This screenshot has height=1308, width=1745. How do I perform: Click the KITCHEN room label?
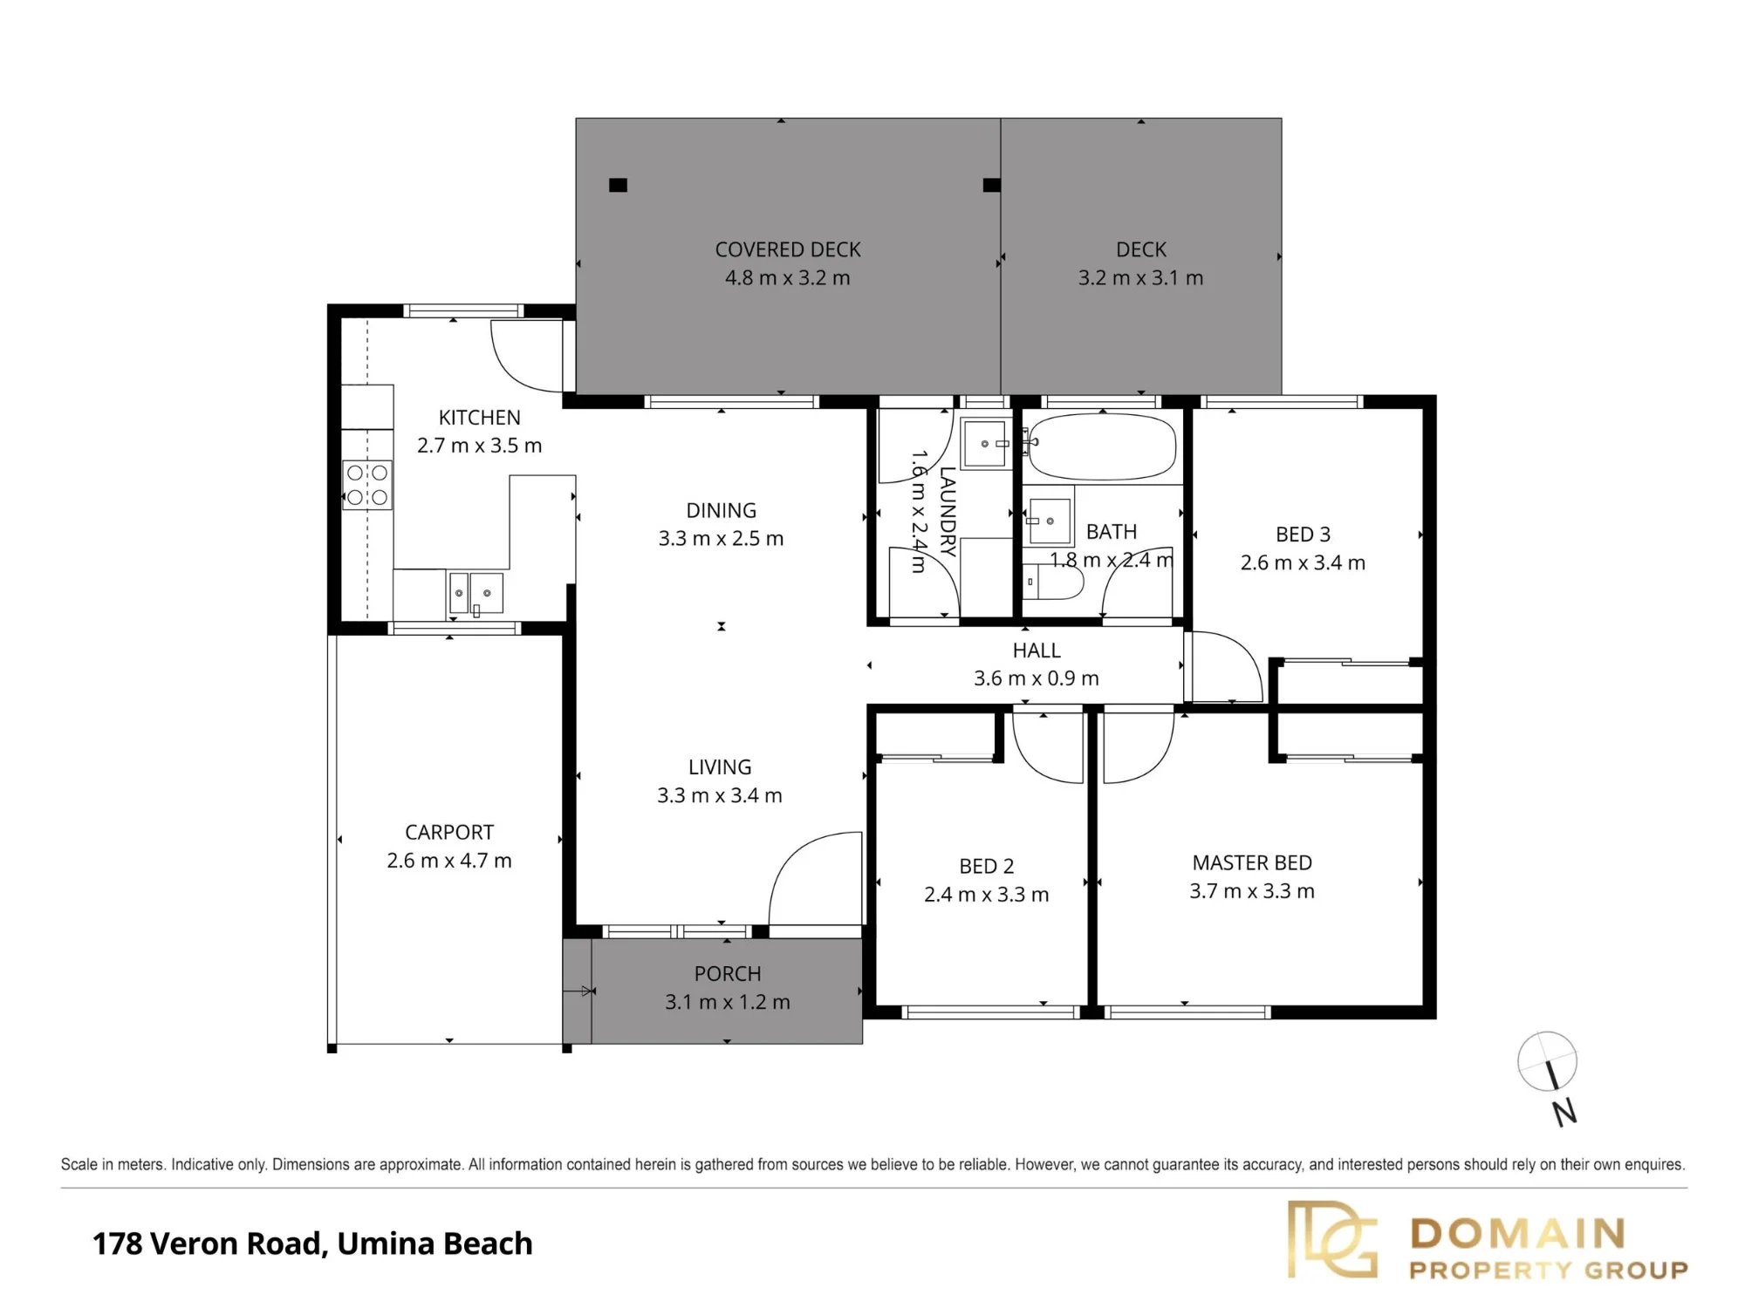click(x=479, y=418)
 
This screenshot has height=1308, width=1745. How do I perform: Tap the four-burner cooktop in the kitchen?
click(x=367, y=485)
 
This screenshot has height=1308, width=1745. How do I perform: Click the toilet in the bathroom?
click(x=1051, y=581)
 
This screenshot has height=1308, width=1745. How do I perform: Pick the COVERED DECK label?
click(x=788, y=249)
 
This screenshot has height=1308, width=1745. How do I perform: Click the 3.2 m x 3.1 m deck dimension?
click(x=1140, y=278)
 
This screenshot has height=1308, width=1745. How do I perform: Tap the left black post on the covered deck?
click(x=618, y=185)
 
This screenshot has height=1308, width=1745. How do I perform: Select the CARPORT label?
click(x=449, y=832)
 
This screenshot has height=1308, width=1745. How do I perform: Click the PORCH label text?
click(x=728, y=973)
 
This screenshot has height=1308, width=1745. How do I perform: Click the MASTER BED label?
click(x=1252, y=862)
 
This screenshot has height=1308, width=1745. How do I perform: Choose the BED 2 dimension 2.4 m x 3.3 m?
click(x=986, y=895)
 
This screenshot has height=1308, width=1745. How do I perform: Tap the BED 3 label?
click(x=1303, y=534)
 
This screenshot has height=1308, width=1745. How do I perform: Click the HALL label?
click(x=1037, y=650)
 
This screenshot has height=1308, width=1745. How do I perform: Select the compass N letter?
click(x=1564, y=1113)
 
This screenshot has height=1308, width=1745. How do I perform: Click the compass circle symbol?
click(x=1547, y=1061)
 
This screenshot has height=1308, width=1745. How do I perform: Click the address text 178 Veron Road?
click(x=207, y=1243)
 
